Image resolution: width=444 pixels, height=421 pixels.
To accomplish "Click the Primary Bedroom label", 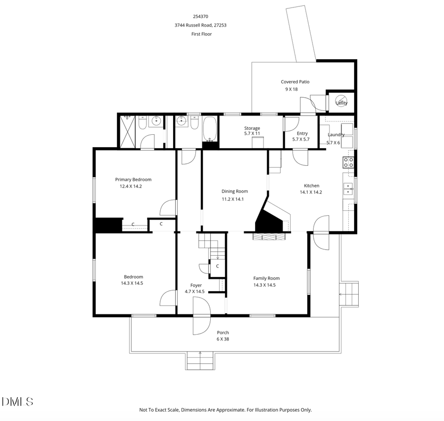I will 133,180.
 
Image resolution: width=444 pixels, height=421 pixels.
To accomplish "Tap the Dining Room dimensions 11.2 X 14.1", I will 234,199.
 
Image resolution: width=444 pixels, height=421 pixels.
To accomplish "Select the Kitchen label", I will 311,186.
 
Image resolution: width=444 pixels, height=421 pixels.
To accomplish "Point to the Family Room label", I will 266,278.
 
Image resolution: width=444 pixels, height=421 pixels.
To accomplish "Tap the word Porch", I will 223,333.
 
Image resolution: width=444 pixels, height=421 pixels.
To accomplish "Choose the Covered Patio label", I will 295,82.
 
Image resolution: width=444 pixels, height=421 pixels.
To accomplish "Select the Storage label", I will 252,128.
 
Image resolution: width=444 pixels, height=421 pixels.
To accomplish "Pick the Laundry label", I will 336,134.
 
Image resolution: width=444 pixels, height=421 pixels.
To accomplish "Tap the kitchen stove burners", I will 348,162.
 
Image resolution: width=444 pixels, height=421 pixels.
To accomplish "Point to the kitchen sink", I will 348,189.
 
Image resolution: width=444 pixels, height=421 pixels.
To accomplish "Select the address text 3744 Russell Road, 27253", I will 200,25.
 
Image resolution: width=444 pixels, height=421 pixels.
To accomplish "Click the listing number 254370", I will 200,16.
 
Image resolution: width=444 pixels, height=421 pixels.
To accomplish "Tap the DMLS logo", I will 17,402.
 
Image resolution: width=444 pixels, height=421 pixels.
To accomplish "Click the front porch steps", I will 200,361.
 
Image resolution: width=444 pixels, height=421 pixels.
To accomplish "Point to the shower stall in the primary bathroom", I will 127,132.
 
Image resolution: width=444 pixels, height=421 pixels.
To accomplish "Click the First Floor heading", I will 201,34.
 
